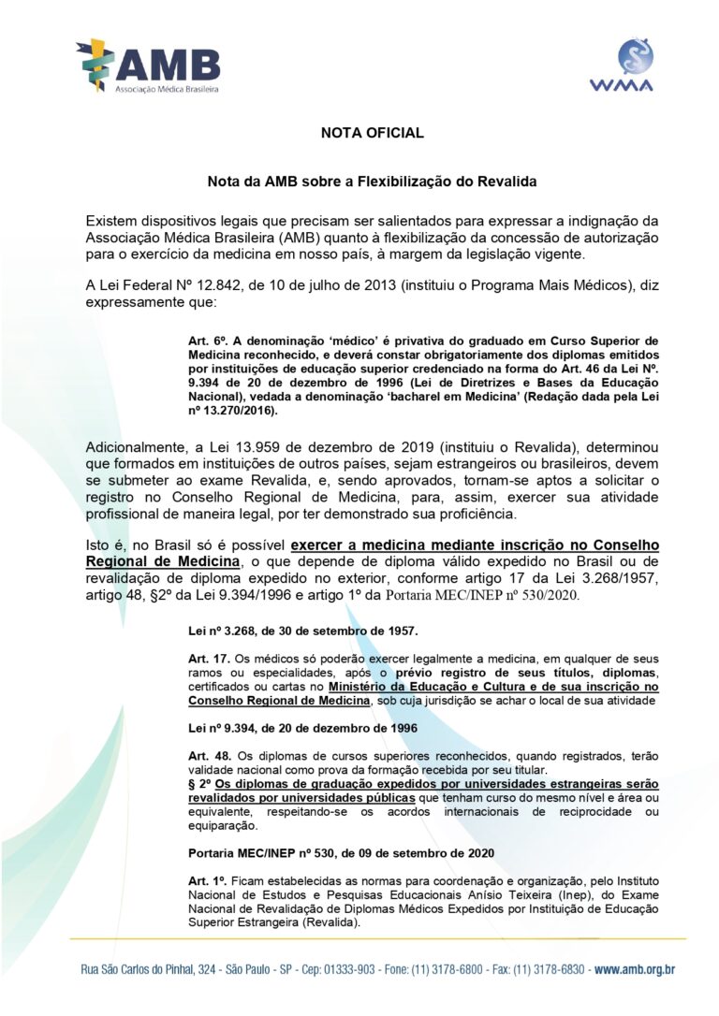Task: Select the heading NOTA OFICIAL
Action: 372,133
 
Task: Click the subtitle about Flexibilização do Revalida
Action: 372,180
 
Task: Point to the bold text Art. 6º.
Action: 204,341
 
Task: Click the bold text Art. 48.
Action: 204,754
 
